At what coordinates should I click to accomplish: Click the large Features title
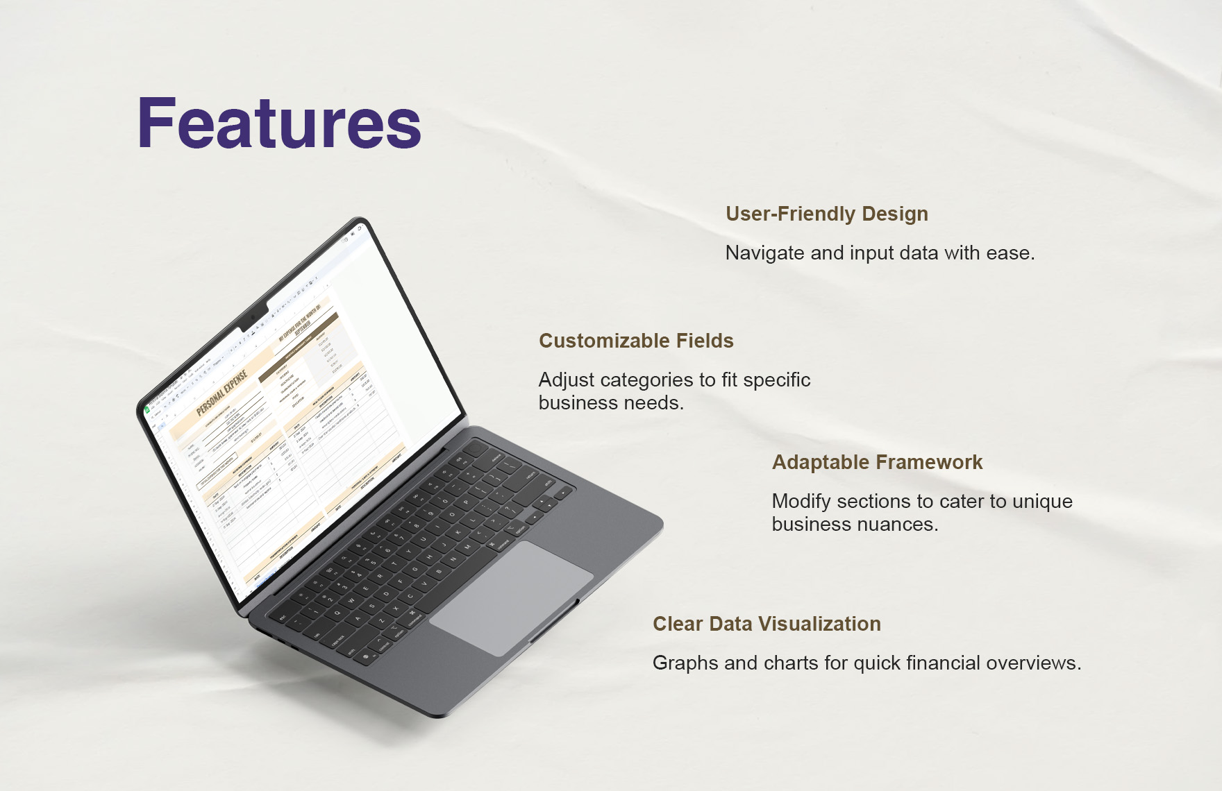(x=279, y=124)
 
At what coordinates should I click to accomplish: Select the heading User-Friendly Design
(x=826, y=214)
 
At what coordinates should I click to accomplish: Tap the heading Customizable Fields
(x=636, y=341)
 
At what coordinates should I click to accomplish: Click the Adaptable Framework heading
(x=877, y=462)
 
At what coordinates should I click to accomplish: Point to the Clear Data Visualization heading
(x=767, y=624)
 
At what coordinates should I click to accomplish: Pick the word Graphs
(x=685, y=663)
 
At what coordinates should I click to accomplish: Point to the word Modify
(x=802, y=502)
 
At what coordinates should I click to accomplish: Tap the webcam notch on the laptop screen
(x=253, y=318)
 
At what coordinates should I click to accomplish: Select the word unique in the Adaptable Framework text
(x=1042, y=502)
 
